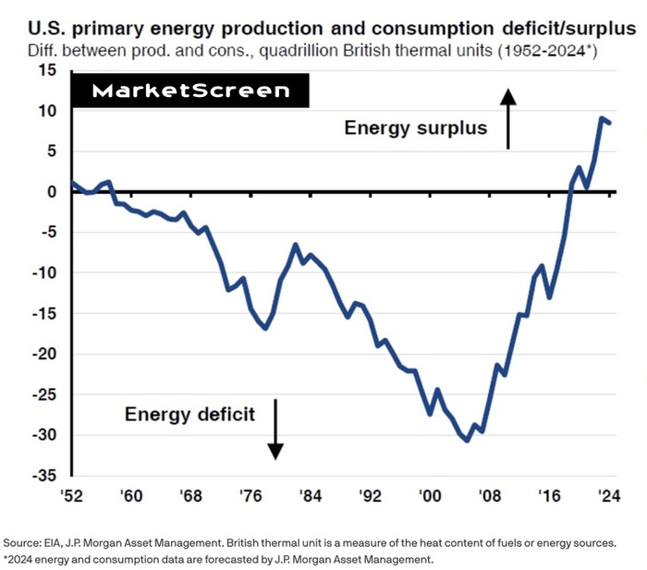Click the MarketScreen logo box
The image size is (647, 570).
click(190, 91)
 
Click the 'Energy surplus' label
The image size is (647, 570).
click(415, 127)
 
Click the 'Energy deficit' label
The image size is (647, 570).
click(190, 413)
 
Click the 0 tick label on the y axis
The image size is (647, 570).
click(53, 192)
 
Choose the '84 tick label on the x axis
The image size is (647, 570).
click(310, 496)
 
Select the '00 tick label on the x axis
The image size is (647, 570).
click(429, 496)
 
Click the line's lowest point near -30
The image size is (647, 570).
click(468, 440)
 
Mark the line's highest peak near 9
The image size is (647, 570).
click(602, 118)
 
